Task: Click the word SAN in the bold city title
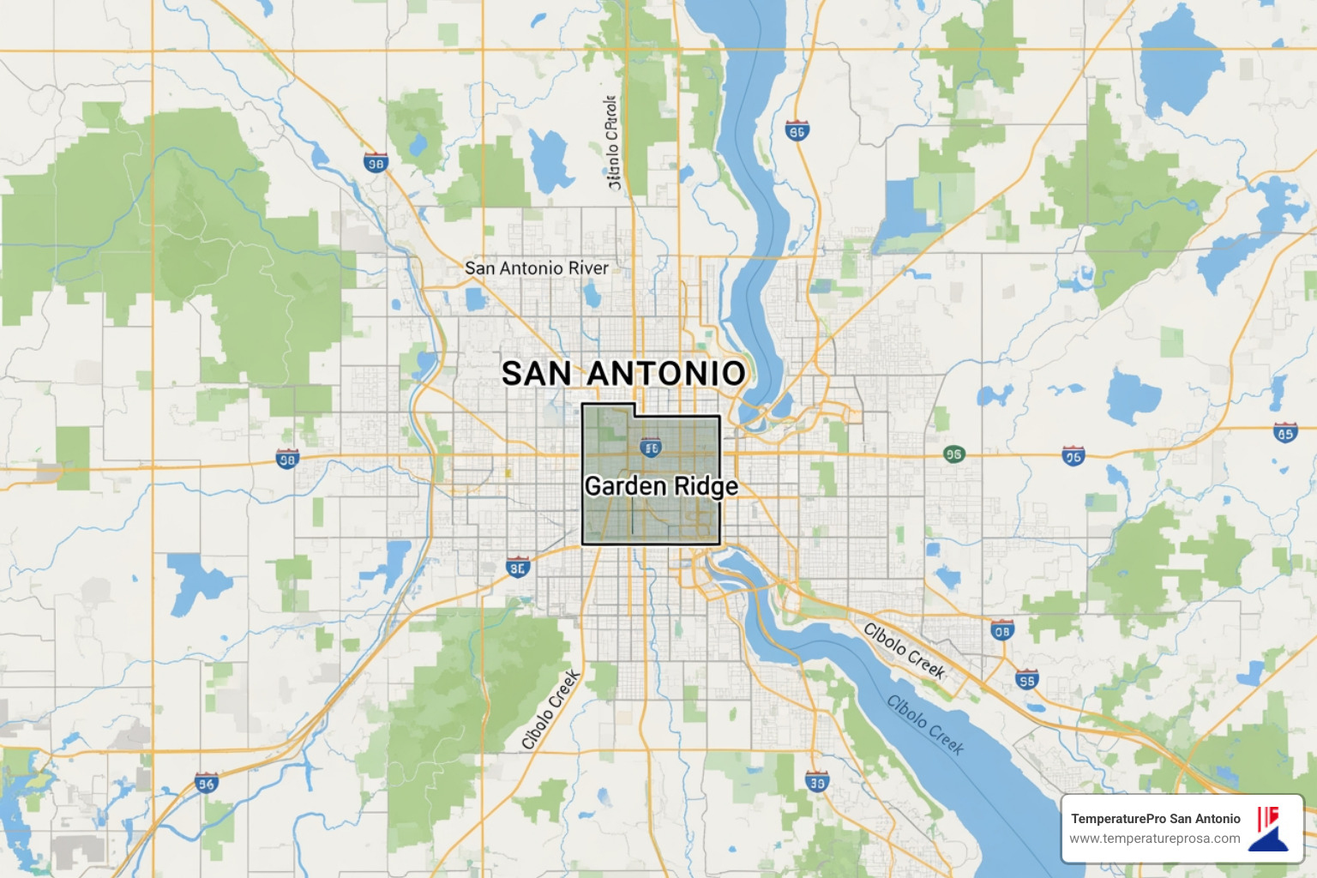point(536,374)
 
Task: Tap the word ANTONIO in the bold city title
point(666,374)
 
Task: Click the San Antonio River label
point(537,268)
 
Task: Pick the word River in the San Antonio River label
point(588,268)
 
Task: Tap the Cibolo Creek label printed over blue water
point(925,725)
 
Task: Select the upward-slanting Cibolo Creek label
point(551,710)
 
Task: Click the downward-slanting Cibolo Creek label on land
point(904,651)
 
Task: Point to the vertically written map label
point(612,142)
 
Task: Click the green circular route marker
point(953,454)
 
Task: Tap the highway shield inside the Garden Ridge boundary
point(651,448)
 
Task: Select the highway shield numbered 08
point(1001,630)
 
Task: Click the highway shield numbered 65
point(1284,433)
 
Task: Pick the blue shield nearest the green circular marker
point(1073,456)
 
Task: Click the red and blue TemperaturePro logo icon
point(1269,828)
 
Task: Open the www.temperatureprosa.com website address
point(1154,839)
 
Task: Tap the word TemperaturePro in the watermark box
point(1118,819)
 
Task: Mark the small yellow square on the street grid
point(508,472)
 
